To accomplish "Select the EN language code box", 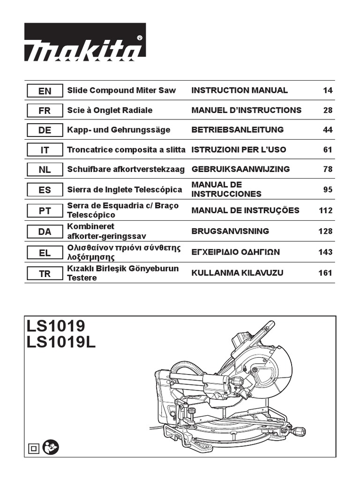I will click(45, 91).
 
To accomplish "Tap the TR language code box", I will click(45, 274).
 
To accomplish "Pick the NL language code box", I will click(45, 170).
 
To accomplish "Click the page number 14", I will click(328, 90).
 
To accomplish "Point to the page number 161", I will click(325, 273).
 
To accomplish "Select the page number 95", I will click(328, 190).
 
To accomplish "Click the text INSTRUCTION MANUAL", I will click(240, 90).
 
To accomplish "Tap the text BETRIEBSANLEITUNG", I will click(238, 130).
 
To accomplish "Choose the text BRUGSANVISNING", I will click(230, 231).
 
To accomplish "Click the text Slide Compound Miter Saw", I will click(121, 90).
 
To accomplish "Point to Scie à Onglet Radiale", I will click(110, 110).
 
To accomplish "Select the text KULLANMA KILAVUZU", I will click(237, 273).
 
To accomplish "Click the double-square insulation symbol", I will click(34, 449).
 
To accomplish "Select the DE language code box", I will click(45, 130).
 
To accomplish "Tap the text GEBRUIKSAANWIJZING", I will click(240, 169).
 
